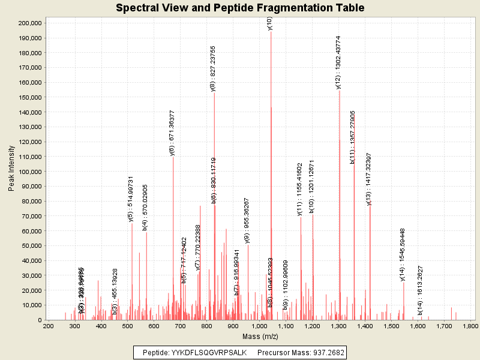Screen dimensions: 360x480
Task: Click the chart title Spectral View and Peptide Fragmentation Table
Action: pos(240,8)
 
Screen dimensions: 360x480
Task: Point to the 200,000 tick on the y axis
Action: pos(29,23)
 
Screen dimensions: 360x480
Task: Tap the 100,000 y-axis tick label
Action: pos(29,172)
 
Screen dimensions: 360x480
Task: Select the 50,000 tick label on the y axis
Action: pos(31,246)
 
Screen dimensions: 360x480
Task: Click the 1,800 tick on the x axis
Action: pos(470,326)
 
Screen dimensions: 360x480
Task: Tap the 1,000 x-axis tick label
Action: pos(259,326)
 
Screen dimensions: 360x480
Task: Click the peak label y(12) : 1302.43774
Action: pos(338,62)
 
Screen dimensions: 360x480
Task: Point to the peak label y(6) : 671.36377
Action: pos(172,133)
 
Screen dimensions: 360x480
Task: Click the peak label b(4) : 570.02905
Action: pos(145,208)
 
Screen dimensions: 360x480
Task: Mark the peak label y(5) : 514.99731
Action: pos(131,199)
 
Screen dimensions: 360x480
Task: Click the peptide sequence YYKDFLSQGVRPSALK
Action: pos(204,352)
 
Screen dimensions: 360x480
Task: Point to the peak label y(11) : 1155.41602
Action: pos(300,189)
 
